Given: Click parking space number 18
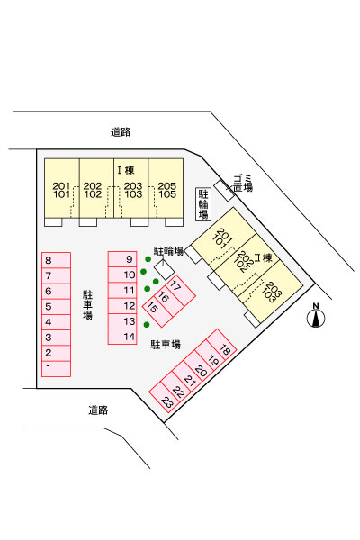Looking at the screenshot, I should click(225, 350).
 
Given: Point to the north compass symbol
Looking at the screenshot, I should click(316, 317).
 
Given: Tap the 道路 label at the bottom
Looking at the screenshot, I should click(98, 409).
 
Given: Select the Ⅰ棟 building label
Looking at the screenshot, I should click(125, 170).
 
